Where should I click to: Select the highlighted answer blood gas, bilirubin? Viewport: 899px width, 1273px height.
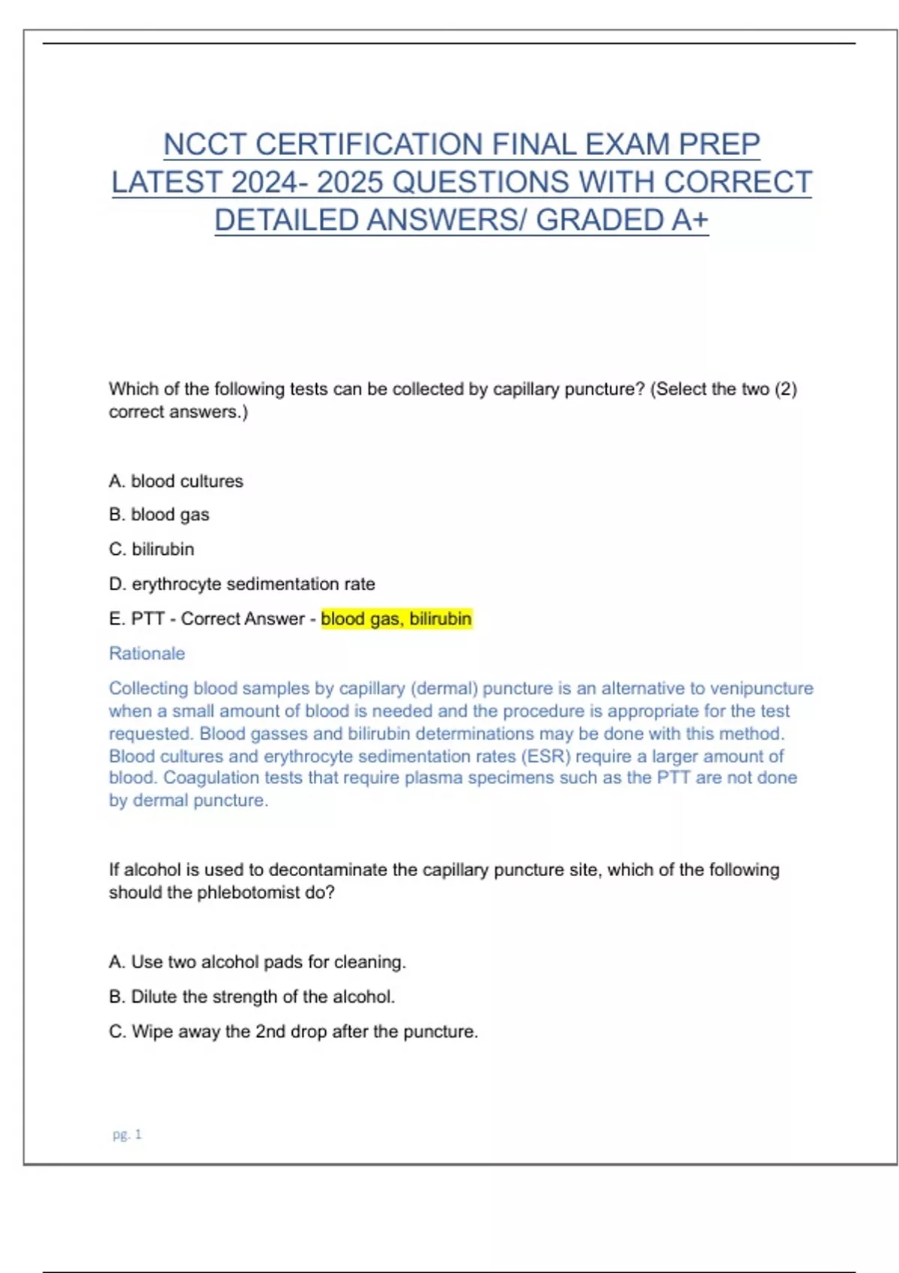(396, 619)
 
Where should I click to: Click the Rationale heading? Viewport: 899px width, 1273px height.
(147, 653)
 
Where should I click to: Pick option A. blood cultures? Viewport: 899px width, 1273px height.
(176, 481)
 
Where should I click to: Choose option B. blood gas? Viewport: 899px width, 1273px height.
(159, 514)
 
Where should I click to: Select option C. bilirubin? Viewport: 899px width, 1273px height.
(151, 549)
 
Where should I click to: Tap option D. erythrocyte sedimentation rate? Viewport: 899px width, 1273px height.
(242, 583)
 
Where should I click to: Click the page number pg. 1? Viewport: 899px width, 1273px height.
(127, 1134)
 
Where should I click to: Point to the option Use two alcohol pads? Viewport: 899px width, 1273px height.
(257, 961)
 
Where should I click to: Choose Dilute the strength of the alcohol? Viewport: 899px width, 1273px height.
(252, 997)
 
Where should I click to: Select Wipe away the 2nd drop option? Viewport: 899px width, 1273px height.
(293, 1031)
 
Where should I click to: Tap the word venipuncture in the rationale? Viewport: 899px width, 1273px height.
(761, 688)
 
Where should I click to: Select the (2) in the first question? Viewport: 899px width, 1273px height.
(785, 389)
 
